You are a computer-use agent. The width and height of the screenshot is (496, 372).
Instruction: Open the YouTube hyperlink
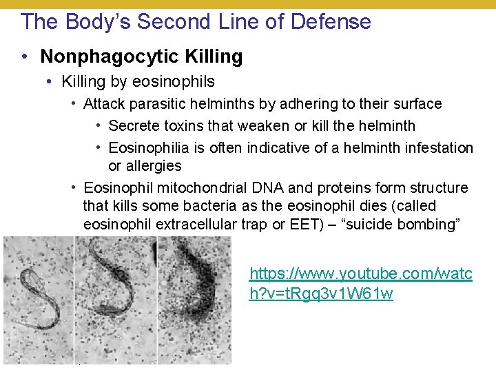[x=360, y=283]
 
